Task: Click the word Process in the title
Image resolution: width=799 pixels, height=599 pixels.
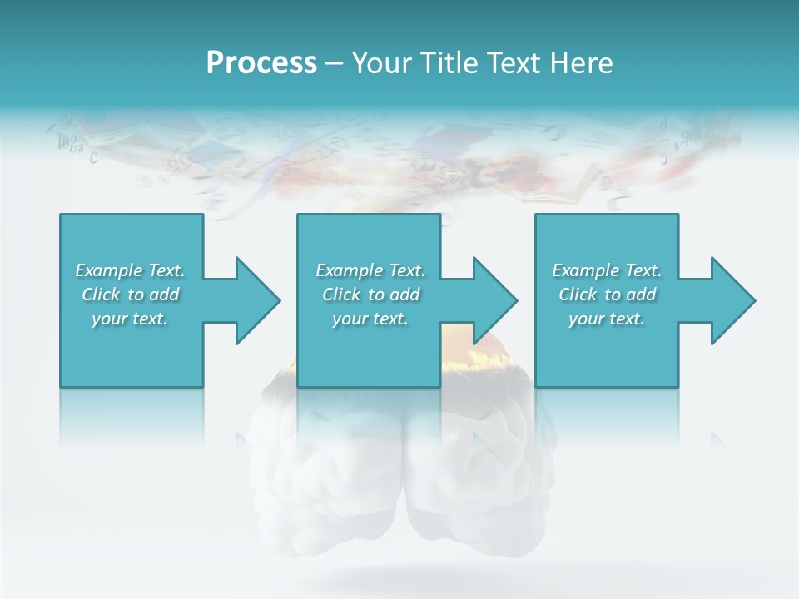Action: pos(261,63)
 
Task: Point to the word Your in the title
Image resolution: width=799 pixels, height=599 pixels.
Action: pos(384,63)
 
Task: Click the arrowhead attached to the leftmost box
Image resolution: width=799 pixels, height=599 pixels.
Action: pos(253,300)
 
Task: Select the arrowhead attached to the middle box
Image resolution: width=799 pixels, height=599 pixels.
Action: pos(491,300)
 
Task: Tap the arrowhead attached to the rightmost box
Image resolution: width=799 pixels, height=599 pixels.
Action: pos(729,300)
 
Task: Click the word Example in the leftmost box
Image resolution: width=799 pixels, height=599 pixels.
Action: pos(109,270)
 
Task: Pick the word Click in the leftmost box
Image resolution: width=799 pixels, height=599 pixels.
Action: pos(102,295)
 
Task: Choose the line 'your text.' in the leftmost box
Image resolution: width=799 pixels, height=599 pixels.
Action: pos(130,319)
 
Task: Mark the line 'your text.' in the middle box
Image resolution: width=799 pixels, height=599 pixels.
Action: pos(370,319)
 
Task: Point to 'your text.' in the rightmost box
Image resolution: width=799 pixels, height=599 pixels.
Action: pos(607,319)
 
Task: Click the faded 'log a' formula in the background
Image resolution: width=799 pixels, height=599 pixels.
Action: pos(70,144)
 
